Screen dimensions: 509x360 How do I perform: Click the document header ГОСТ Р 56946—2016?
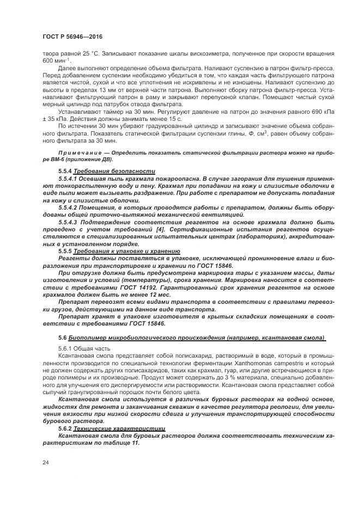pyautogui.click(x=72, y=36)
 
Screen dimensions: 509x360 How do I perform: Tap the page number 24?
pyautogui.click(x=46, y=462)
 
